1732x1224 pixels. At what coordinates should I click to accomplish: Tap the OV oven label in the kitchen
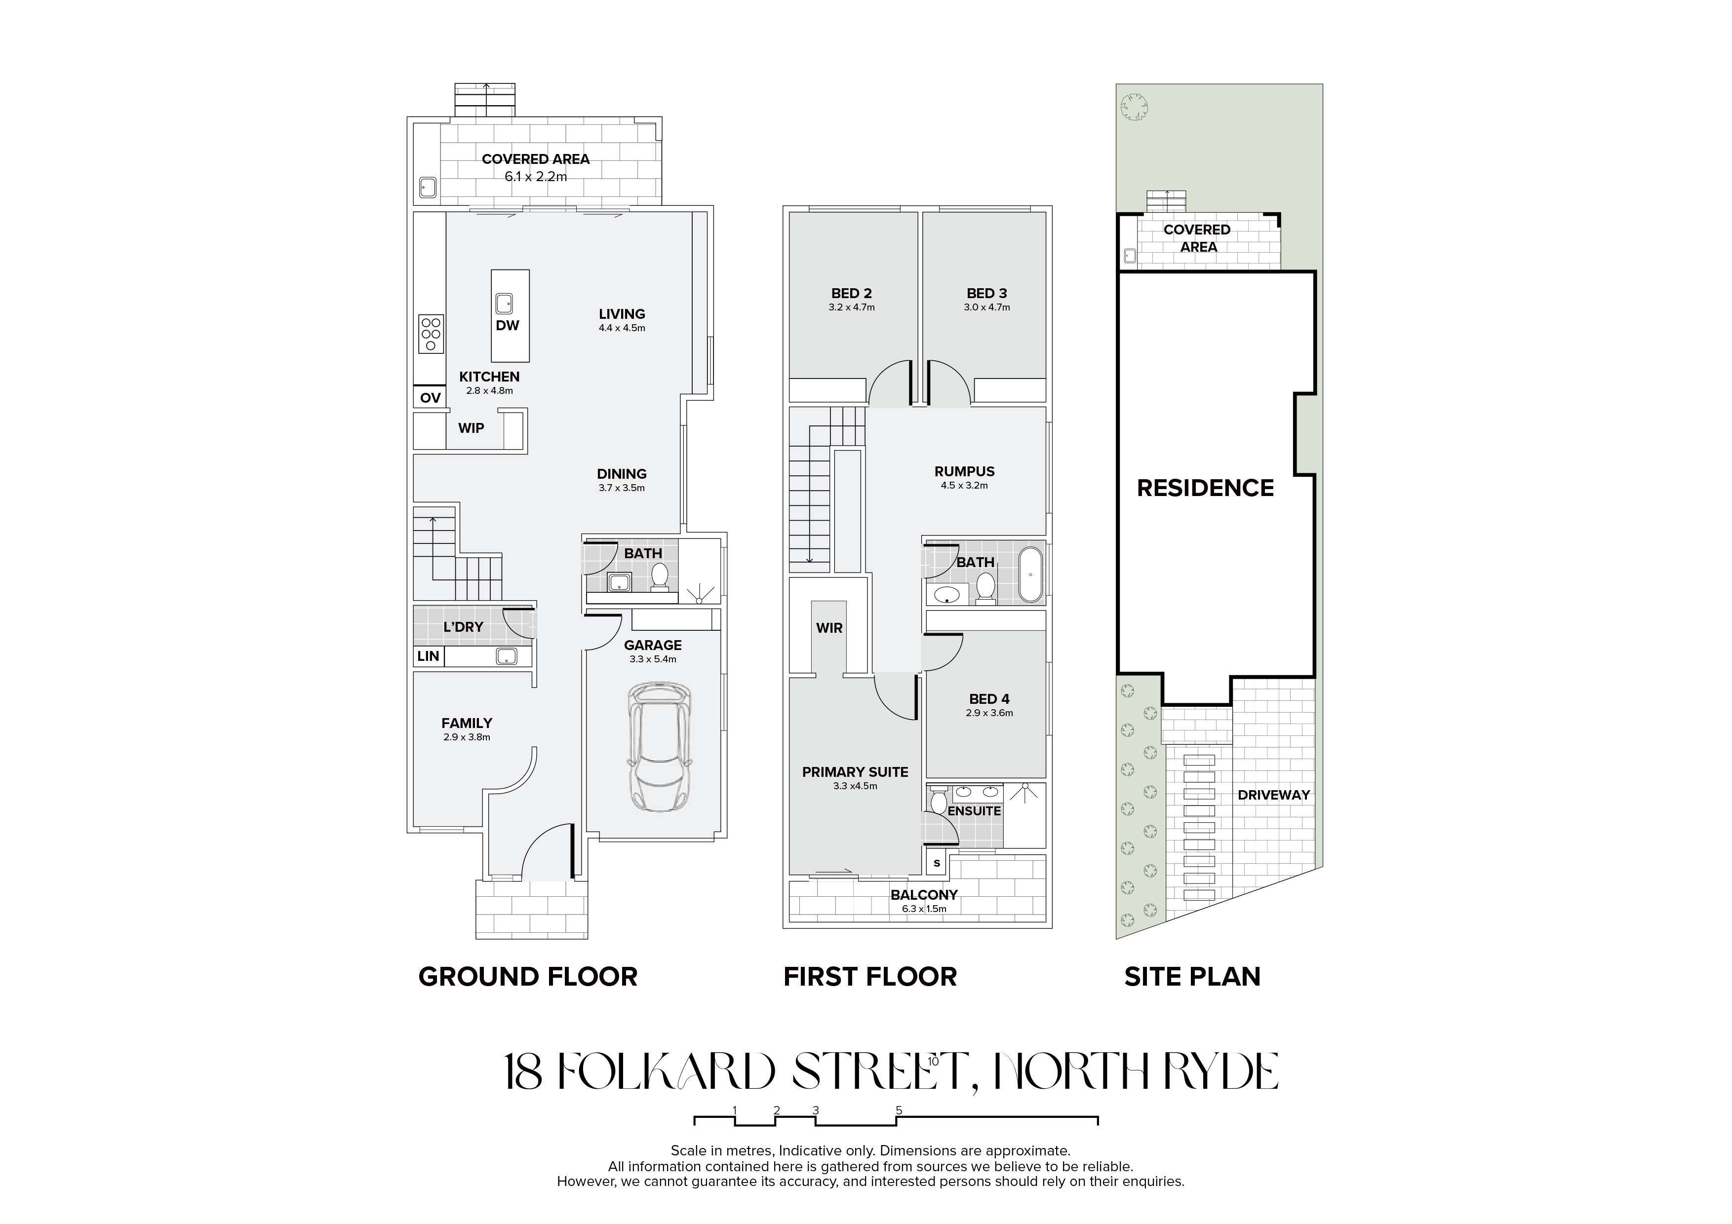430,397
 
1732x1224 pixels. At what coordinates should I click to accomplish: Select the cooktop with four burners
431,333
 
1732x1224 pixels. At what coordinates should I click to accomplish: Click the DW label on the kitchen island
508,326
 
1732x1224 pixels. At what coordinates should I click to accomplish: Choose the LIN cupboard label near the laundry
428,656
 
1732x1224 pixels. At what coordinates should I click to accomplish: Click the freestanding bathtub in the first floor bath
1030,575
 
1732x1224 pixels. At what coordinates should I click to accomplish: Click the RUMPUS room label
964,471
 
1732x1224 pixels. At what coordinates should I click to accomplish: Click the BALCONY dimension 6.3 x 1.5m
924,909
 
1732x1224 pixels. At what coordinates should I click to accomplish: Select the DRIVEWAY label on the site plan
1273,795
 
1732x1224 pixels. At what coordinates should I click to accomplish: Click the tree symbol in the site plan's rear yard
1134,106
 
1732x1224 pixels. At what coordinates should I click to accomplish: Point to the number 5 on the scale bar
899,1110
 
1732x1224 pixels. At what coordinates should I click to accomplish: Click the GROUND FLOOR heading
528,977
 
